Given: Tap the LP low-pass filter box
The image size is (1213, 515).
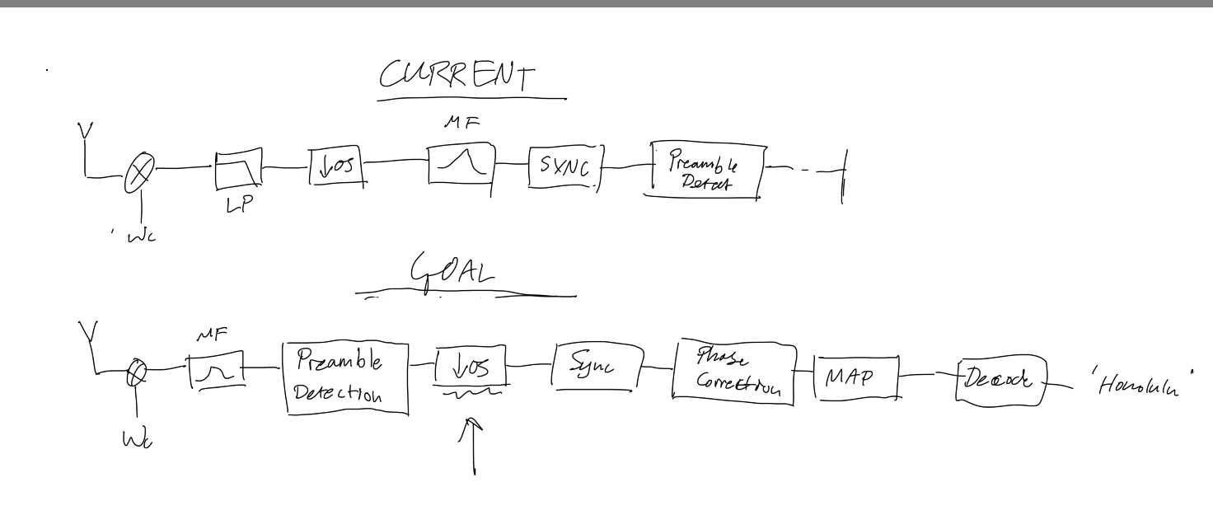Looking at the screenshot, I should click(239, 169).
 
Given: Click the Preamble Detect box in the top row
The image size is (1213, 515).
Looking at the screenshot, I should click(705, 171).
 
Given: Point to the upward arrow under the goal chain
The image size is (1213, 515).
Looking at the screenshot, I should click(475, 445).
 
